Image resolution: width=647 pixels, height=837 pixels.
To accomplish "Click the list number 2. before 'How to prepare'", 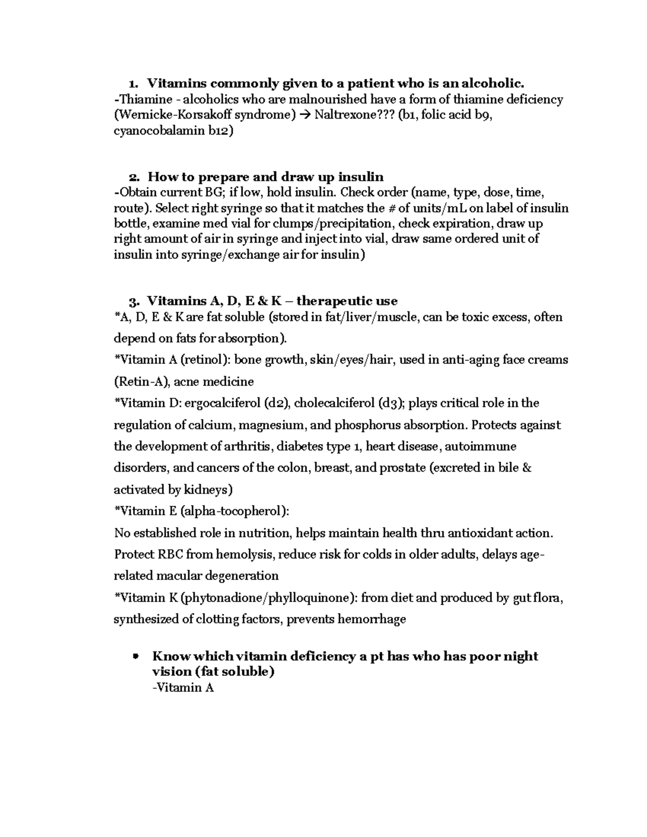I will click(x=134, y=177).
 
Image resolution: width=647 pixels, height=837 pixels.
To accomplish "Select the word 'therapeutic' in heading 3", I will click(x=347, y=301).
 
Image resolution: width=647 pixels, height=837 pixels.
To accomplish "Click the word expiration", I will click(x=463, y=224).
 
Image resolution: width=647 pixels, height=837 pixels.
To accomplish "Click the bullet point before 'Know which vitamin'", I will click(x=135, y=656).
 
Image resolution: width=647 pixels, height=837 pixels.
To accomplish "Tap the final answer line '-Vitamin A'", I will click(x=183, y=688).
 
